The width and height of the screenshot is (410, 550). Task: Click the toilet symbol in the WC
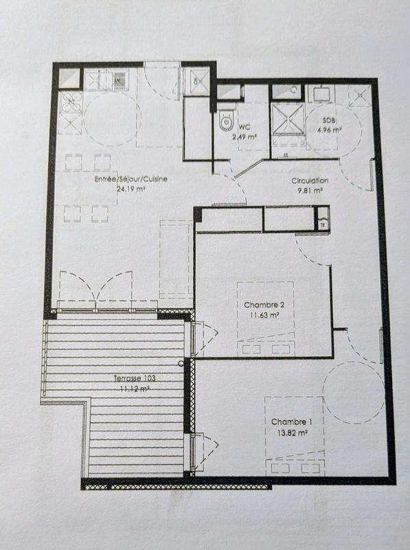(225, 123)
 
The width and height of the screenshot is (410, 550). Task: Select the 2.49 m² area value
(244, 137)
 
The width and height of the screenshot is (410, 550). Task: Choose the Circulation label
(310, 181)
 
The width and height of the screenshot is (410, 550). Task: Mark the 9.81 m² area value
(310, 190)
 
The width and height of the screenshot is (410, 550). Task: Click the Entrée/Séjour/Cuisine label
(131, 179)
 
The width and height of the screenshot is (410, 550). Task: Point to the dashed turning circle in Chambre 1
(354, 393)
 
